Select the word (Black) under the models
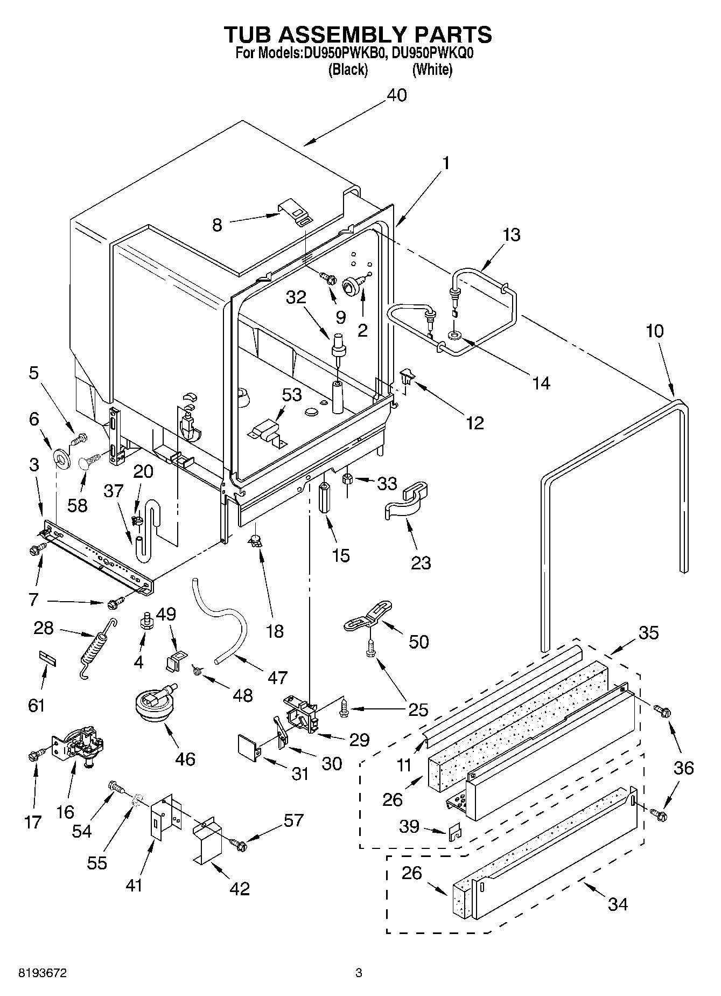click(x=348, y=69)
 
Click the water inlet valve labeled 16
click(x=81, y=747)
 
